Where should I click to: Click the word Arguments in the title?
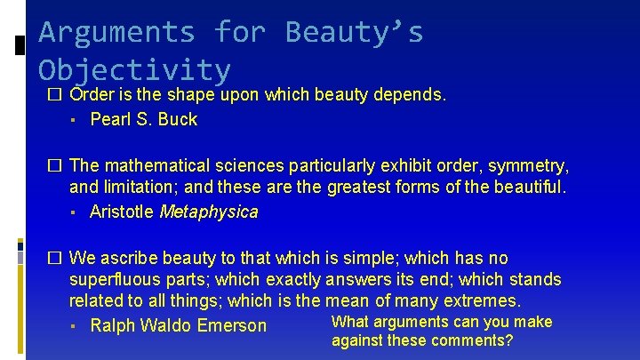tap(116, 33)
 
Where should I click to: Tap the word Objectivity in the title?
tap(134, 70)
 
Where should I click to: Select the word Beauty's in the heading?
tap(354, 33)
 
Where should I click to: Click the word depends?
tap(414, 95)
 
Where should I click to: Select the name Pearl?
tap(110, 119)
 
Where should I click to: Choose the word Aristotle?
tap(122, 212)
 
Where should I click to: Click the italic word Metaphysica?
tap(208, 212)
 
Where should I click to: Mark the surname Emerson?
tap(235, 325)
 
